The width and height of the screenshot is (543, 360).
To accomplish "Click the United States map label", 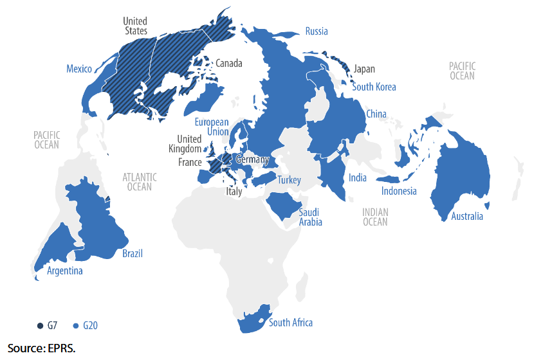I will pyautogui.click(x=135, y=26).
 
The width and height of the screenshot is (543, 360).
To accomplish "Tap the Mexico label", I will pyautogui.click(x=79, y=69).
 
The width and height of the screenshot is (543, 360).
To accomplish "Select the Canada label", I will pyautogui.click(x=228, y=64).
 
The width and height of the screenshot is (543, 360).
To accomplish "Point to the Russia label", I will pyautogui.click(x=317, y=31).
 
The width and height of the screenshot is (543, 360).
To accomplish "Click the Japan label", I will pyautogui.click(x=364, y=69).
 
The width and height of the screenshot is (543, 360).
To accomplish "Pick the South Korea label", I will pyautogui.click(x=374, y=87).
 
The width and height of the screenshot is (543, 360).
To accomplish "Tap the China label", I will pyautogui.click(x=376, y=114).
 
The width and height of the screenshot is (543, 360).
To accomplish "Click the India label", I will pyautogui.click(x=358, y=177).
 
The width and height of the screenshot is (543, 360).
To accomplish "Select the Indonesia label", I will pyautogui.click(x=399, y=191).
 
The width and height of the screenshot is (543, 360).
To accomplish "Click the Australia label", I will pyautogui.click(x=466, y=216).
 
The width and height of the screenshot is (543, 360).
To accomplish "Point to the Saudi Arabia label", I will pyautogui.click(x=309, y=217).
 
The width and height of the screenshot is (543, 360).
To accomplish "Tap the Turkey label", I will pyautogui.click(x=289, y=180).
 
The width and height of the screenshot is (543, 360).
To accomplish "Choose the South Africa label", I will pyautogui.click(x=291, y=322).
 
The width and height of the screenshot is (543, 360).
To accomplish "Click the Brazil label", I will pyautogui.click(x=133, y=253).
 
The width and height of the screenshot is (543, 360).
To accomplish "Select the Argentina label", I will pyautogui.click(x=64, y=271).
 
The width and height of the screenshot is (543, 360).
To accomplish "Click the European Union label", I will pyautogui.click(x=212, y=127).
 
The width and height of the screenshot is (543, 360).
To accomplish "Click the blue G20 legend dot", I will pyautogui.click(x=76, y=326).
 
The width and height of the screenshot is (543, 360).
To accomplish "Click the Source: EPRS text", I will pyautogui.click(x=41, y=348).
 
